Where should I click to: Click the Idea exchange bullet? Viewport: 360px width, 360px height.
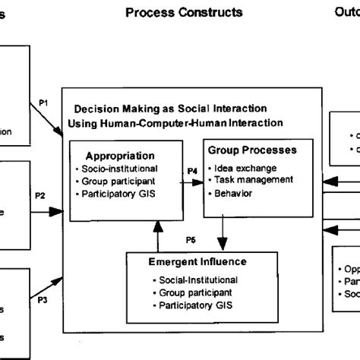coord(245,167)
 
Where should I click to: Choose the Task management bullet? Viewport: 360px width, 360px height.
coord(254,180)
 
